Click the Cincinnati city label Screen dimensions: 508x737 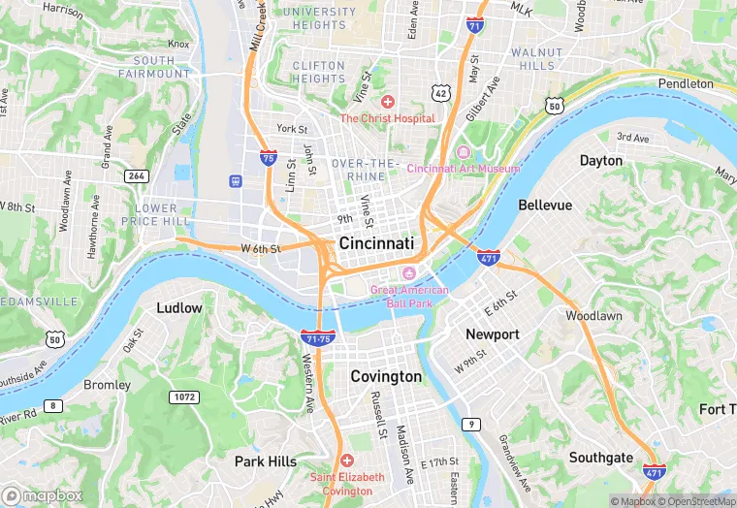pyautogui.click(x=376, y=243)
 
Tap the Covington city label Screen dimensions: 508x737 pyautogui.click(x=386, y=376)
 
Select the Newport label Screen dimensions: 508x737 pyautogui.click(x=493, y=333)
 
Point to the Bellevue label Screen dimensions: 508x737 pyautogui.click(x=545, y=206)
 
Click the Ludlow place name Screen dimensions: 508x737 pyautogui.click(x=179, y=308)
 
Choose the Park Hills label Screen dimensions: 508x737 pyautogui.click(x=266, y=461)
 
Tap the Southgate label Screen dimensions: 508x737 pyautogui.click(x=601, y=458)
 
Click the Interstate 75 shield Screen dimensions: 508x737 pyautogui.click(x=268, y=157)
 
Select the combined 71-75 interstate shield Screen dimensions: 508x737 pyautogui.click(x=318, y=337)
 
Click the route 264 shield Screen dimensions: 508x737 pyautogui.click(x=136, y=175)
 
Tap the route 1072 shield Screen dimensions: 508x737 pyautogui.click(x=183, y=397)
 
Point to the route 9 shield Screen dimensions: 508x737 pyautogui.click(x=471, y=424)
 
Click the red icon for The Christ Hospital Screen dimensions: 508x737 pyautogui.click(x=388, y=102)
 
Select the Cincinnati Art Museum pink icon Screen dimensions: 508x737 pyautogui.click(x=463, y=152)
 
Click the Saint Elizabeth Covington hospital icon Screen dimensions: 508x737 pyautogui.click(x=347, y=460)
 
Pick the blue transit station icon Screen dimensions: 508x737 pyautogui.click(x=235, y=181)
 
